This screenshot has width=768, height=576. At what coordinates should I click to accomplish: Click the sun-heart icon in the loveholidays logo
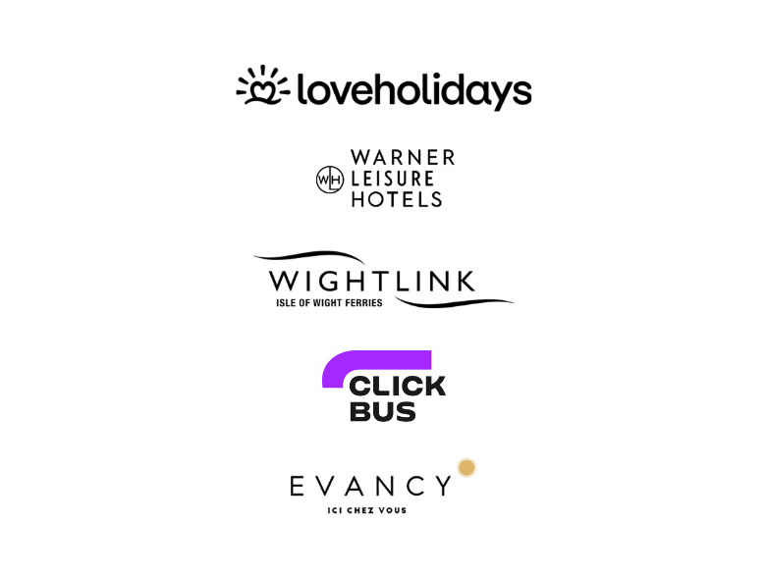tap(263, 85)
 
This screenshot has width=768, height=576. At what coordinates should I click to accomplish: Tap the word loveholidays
tap(414, 90)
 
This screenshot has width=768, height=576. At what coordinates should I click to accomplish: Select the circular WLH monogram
tap(330, 180)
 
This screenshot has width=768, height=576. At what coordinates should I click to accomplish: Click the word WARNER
tap(403, 158)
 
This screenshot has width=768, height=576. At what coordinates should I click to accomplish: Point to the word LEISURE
tap(392, 179)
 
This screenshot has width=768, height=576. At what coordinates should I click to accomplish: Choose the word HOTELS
tap(397, 199)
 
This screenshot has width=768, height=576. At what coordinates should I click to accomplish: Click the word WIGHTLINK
tap(372, 281)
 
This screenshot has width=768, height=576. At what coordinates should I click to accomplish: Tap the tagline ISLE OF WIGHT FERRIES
tap(329, 303)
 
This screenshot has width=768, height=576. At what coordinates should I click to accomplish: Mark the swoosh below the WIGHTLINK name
tap(454, 303)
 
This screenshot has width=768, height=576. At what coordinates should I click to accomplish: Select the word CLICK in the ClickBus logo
tap(397, 386)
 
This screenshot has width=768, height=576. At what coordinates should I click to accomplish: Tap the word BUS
tap(383, 411)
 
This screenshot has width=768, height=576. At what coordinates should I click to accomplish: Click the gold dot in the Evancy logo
tap(466, 467)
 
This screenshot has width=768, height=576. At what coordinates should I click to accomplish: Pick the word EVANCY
tap(370, 486)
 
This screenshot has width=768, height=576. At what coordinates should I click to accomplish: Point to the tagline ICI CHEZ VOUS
tap(367, 510)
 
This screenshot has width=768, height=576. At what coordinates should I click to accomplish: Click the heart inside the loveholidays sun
tap(263, 89)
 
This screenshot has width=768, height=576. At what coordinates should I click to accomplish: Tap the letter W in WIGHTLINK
tap(285, 281)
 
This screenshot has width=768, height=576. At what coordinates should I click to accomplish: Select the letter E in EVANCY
tap(297, 486)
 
